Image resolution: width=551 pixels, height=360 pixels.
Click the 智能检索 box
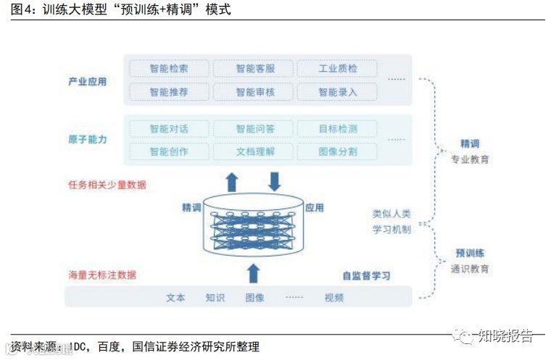[x=169, y=69]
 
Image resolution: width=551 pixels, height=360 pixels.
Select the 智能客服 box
[x=253, y=69]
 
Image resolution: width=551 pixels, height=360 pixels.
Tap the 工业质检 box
[x=337, y=69]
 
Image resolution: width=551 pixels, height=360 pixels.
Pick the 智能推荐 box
[x=169, y=92]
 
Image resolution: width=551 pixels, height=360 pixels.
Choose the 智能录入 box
[x=337, y=92]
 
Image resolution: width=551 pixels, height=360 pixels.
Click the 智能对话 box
[x=169, y=129]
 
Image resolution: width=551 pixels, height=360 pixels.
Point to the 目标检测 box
[x=337, y=129]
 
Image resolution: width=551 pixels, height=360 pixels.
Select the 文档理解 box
[x=253, y=152]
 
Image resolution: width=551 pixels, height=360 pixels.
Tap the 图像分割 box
[x=337, y=152]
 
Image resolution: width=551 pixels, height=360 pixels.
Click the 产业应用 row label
[x=88, y=81]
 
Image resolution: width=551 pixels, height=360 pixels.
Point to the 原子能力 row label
[x=88, y=139]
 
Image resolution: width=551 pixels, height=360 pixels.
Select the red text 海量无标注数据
[x=102, y=275]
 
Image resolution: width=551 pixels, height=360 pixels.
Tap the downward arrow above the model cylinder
[x=275, y=180]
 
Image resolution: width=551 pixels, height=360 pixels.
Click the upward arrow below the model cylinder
[x=253, y=273]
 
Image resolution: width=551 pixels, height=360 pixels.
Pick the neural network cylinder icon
[x=253, y=223]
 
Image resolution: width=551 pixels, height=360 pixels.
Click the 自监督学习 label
[x=366, y=276]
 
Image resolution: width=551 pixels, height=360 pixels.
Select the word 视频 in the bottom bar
[x=334, y=297]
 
